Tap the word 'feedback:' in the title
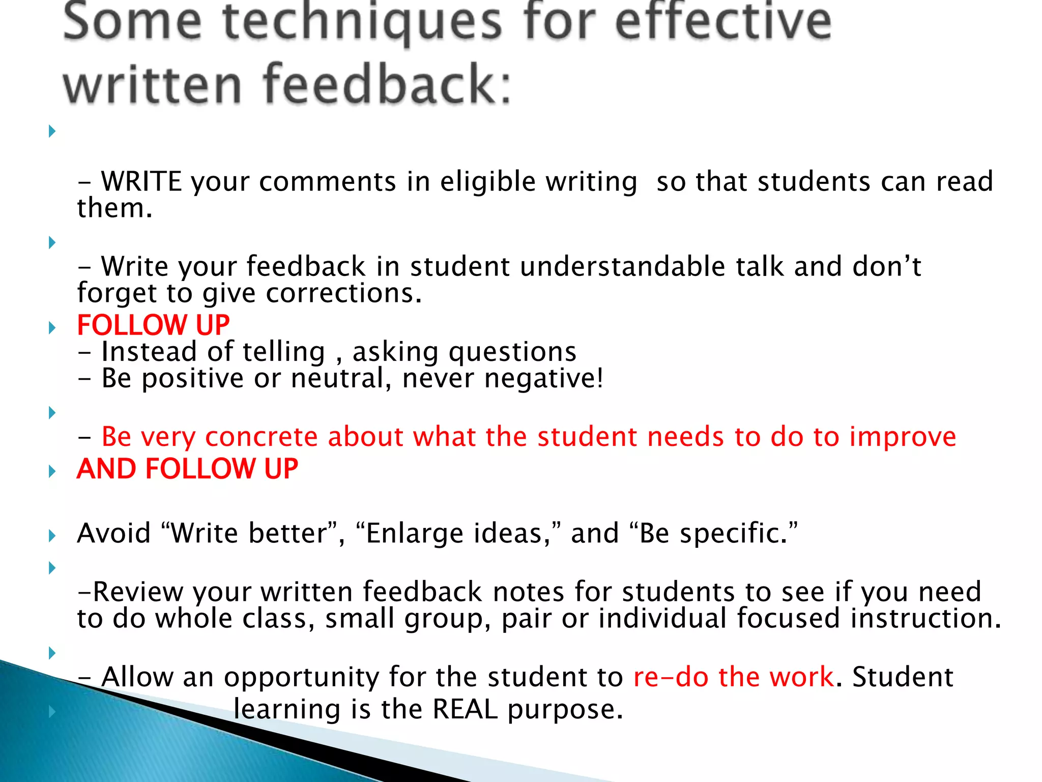[x=387, y=84]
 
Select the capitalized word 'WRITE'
[x=141, y=182]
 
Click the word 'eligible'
[x=487, y=182]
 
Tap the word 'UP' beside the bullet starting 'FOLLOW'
[x=213, y=325]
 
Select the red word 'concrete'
[x=261, y=437]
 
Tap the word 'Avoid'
[x=114, y=534]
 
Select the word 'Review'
[x=138, y=592]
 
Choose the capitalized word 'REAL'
[x=465, y=710]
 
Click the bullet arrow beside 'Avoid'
[x=52, y=535]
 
